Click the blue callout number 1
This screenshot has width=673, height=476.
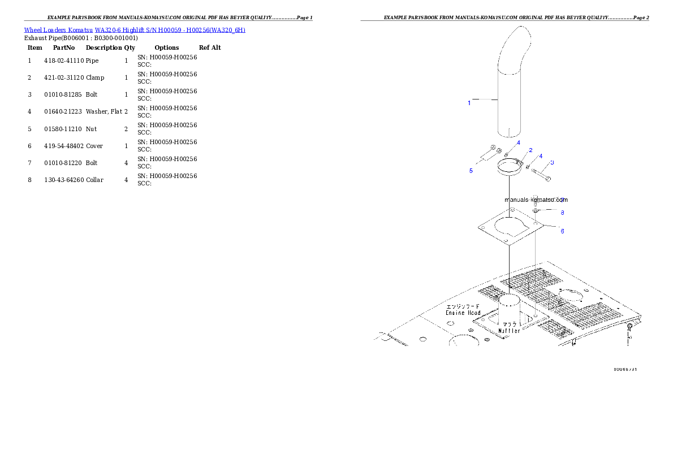point(469,103)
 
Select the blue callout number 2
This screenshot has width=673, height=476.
point(530,150)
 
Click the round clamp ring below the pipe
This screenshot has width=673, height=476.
point(509,168)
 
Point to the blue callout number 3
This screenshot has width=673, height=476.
point(552,162)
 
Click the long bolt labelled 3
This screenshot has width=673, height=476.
point(542,174)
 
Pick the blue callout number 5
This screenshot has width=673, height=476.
point(471,171)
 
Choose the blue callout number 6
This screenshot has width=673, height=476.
point(562,231)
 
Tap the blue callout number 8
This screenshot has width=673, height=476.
point(562,213)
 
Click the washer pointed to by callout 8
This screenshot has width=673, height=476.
point(536,210)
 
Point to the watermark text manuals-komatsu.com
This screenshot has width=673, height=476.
point(536,200)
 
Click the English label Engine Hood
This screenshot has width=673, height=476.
point(463,313)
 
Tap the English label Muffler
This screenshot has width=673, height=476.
point(509,331)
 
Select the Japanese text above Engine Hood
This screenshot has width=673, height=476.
point(463,306)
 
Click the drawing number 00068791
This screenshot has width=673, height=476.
point(625,369)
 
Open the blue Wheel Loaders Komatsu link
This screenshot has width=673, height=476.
point(135,30)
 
